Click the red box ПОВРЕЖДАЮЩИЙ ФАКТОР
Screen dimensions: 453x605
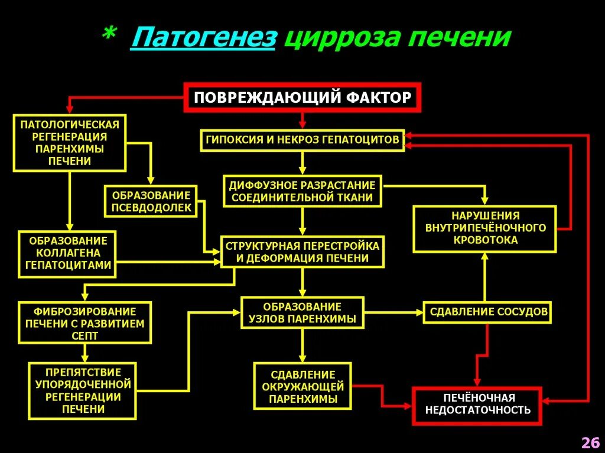[x=302, y=97]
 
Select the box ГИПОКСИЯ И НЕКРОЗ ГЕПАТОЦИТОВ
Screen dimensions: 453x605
[x=302, y=140]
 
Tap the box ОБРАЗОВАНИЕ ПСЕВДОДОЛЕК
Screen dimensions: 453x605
[x=151, y=201]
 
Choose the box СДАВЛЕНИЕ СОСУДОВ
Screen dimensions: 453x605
[x=488, y=311]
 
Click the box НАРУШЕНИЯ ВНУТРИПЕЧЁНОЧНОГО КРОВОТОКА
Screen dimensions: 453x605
[x=485, y=227]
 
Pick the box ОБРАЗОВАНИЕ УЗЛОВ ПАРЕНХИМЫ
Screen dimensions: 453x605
[x=302, y=313]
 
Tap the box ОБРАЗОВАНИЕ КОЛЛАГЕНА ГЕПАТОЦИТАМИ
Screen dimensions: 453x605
[x=68, y=253]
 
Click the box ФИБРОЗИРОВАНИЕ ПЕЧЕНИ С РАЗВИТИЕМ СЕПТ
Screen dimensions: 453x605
[x=85, y=322]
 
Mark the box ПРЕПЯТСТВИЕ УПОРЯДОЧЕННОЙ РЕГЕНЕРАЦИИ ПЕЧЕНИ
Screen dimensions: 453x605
[x=83, y=390]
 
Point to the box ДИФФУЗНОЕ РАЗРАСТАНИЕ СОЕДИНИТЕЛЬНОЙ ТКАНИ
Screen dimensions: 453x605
[x=302, y=191]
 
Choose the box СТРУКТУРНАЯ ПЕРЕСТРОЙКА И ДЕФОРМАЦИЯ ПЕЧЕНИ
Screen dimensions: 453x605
[x=302, y=252]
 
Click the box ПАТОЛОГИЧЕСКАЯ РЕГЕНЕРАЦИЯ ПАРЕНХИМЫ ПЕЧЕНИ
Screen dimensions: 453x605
[x=70, y=142]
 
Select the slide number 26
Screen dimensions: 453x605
[x=590, y=442]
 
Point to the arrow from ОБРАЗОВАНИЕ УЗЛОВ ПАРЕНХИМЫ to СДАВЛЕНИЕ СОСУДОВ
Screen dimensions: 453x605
[x=393, y=312]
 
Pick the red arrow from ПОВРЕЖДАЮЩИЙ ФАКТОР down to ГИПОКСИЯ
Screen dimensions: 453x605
[x=302, y=120]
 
